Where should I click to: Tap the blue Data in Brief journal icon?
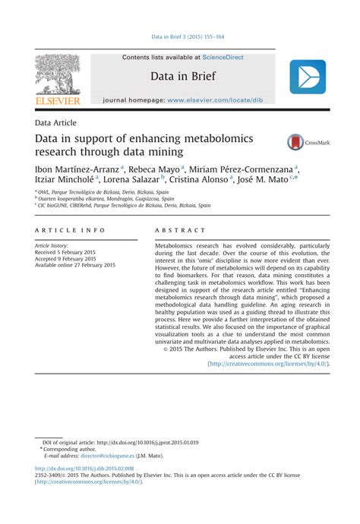(x=307, y=77)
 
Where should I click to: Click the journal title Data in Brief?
(x=182, y=77)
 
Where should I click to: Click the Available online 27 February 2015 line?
(x=75, y=265)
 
